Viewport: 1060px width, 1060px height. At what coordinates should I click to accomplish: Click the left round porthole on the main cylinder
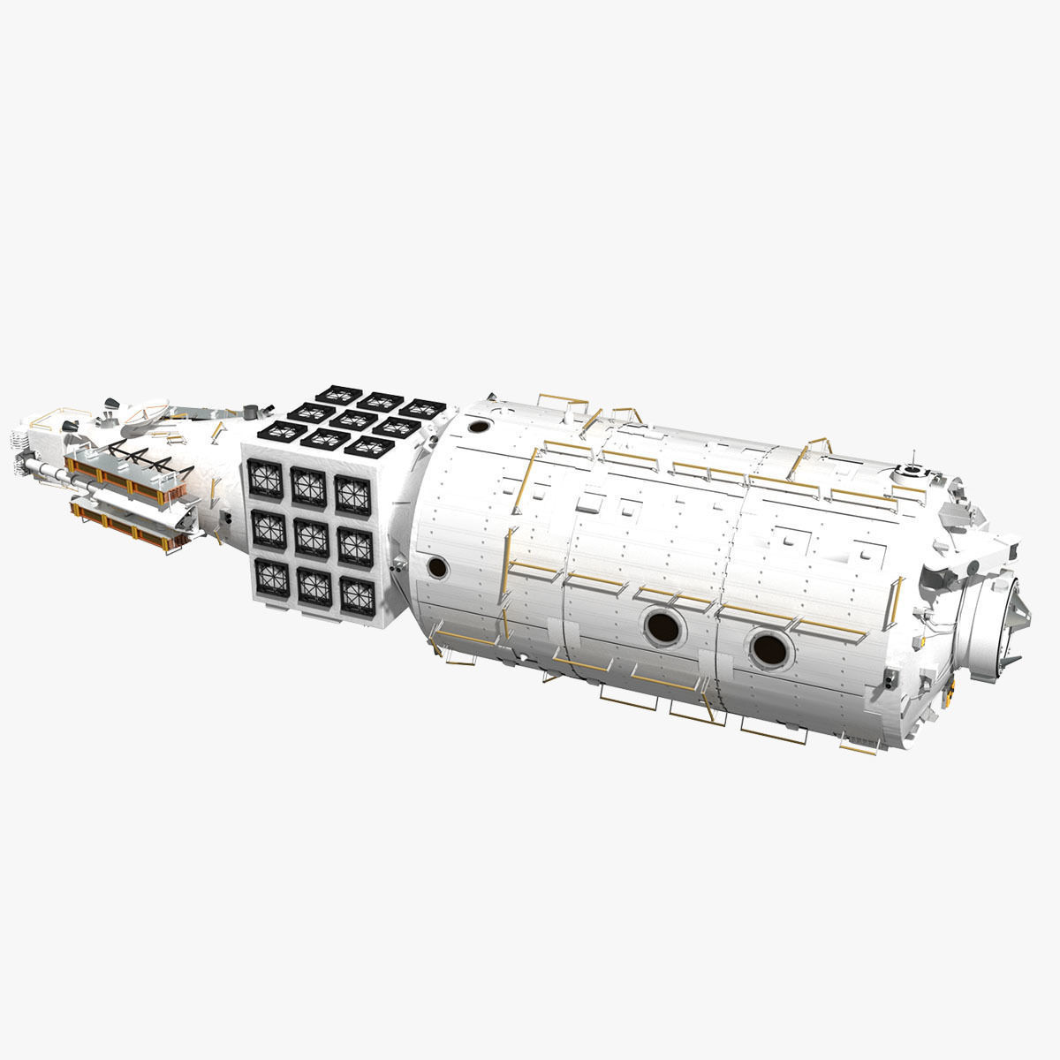coord(664,626)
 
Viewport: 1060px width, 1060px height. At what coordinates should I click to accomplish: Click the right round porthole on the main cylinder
coord(768,648)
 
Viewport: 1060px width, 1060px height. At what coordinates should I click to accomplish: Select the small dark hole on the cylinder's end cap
coord(434,566)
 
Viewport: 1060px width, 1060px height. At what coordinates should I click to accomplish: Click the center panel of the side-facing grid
coord(310,534)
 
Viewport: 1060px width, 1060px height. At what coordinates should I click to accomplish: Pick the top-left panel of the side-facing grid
coord(264,480)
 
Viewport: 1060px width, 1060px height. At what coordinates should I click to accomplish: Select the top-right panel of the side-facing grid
coord(352,493)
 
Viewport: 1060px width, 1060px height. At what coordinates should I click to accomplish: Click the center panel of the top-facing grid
coord(352,419)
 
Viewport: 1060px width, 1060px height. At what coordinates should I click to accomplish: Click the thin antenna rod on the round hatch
coord(912,459)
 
